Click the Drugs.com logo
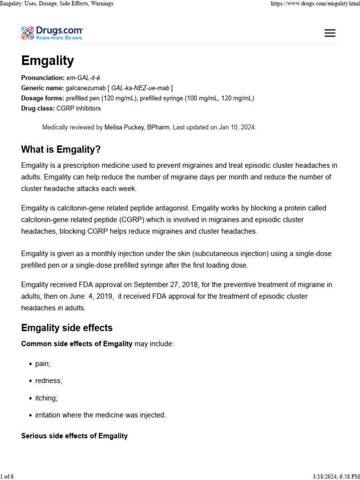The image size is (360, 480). pyautogui.click(x=52, y=33)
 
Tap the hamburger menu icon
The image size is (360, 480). pyautogui.click(x=330, y=33)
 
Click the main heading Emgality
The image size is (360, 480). pyautogui.click(x=47, y=61)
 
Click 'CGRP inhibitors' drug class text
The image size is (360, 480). pyautogui.click(x=78, y=108)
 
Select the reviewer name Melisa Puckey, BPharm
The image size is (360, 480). pyautogui.click(x=137, y=127)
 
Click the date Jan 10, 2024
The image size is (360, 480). pyautogui.click(x=237, y=127)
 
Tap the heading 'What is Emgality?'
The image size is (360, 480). pyautogui.click(x=61, y=150)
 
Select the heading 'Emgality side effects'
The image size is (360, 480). pyautogui.click(x=67, y=328)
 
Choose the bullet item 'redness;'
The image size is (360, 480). pyautogui.click(x=48, y=381)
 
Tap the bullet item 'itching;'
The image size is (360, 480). pyautogui.click(x=46, y=398)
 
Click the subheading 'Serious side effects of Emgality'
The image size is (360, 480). pyautogui.click(x=75, y=436)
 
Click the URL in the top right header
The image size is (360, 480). pyautogui.click(x=315, y=4)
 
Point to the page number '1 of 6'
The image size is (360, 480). pyautogui.click(x=7, y=476)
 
